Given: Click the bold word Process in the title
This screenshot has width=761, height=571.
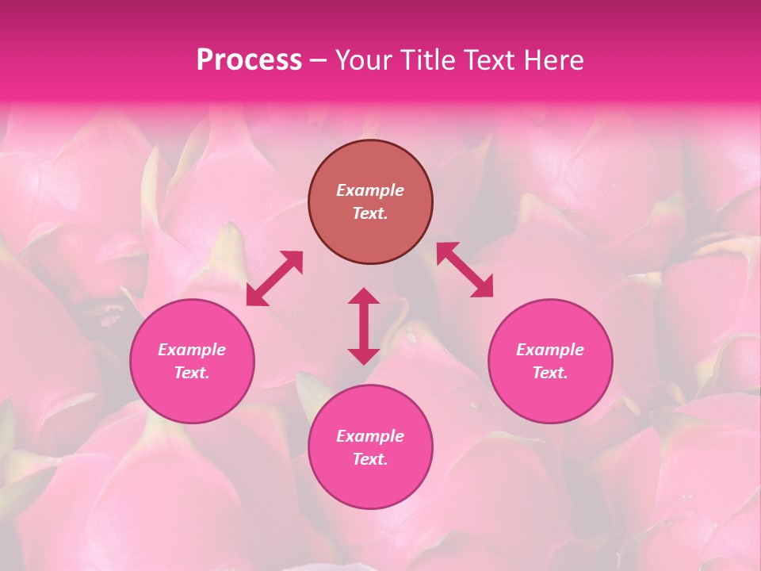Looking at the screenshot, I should coord(249,60).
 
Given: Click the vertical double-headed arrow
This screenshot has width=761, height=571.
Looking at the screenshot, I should coord(364,326).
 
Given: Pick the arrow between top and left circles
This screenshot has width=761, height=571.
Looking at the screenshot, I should coord(274,278).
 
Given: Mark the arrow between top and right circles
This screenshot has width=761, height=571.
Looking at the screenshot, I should coord(465,270).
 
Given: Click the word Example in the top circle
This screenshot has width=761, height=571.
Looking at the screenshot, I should coord(370,190).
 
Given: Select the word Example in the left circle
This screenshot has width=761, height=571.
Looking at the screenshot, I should coord(192,350).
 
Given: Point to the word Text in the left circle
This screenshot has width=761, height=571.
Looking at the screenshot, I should coord(192,373).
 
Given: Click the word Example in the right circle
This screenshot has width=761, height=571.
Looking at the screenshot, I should coord(550,350).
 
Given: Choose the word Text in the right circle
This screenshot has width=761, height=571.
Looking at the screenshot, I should coord(550,373).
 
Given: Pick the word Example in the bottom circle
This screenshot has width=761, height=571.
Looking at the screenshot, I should coord(370,436).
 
